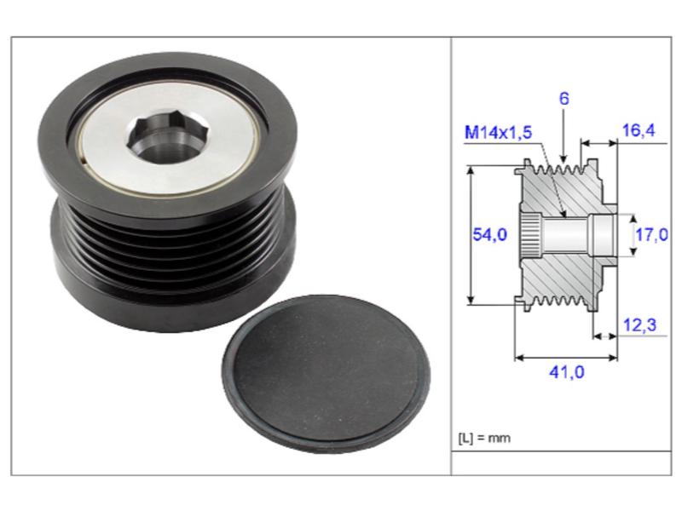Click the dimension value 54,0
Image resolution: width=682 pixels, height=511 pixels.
489,235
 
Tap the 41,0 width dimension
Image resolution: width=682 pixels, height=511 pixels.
567,372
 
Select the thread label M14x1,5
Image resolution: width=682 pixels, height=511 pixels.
499,132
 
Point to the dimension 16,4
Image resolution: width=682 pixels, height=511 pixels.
639,130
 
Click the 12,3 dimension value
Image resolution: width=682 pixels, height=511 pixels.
640,324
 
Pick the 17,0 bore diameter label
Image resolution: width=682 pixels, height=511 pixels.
652,235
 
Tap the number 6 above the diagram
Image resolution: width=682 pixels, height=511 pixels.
564,99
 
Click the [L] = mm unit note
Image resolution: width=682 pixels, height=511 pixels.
484,438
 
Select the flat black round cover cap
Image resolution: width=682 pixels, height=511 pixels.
327,374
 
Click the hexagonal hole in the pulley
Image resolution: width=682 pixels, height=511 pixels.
168,138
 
